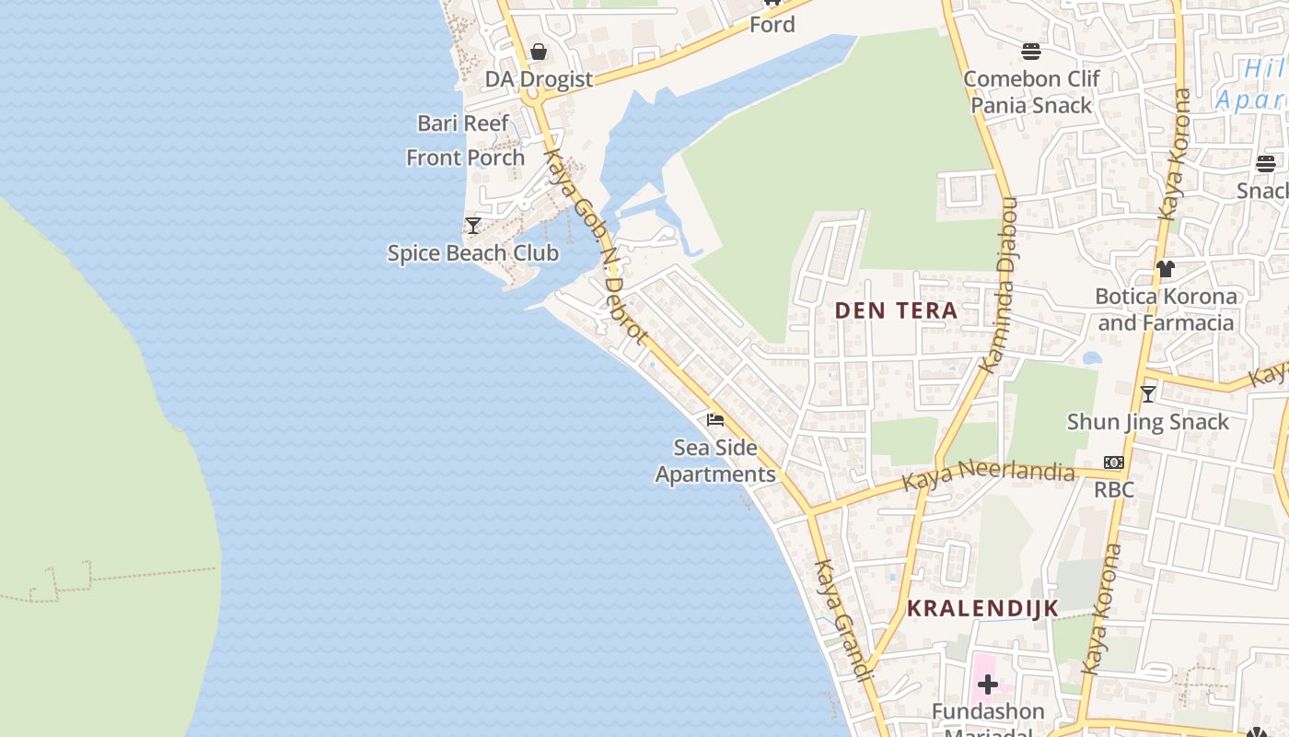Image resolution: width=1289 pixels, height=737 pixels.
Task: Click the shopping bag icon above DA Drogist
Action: tap(539, 52)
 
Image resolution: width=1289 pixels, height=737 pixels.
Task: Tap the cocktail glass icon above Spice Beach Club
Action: tap(473, 225)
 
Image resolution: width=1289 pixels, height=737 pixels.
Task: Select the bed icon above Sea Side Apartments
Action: tap(715, 420)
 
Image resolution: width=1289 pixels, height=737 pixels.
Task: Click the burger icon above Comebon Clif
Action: tap(1031, 52)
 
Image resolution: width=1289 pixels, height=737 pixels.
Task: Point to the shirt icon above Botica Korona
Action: tap(1166, 269)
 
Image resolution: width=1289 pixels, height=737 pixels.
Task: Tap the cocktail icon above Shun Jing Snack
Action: tap(1148, 394)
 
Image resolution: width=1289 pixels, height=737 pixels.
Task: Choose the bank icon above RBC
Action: tap(1114, 462)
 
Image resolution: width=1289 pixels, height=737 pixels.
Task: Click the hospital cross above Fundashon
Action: tap(988, 684)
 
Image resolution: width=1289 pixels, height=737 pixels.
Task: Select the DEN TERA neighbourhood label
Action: tap(897, 311)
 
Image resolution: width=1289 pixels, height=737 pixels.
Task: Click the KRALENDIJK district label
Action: tap(983, 609)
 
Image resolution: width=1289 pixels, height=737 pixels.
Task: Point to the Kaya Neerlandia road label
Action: tap(988, 476)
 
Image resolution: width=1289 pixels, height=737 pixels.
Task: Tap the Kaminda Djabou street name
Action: tap(1000, 286)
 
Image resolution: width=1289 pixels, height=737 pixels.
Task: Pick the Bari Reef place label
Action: tap(463, 123)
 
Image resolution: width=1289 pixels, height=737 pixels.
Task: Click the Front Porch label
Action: tap(466, 158)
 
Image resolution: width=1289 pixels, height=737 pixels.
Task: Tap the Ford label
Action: tap(772, 25)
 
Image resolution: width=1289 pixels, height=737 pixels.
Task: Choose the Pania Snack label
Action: tap(1031, 105)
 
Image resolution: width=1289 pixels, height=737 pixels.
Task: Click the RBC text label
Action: tap(1114, 489)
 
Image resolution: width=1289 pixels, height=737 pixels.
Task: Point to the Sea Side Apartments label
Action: tap(715, 461)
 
